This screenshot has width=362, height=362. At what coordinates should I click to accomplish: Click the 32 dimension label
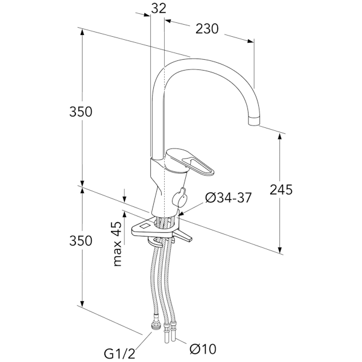(x=159, y=8)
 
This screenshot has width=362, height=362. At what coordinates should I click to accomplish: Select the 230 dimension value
(x=207, y=29)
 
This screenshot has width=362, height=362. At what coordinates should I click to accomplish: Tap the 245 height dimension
(x=281, y=190)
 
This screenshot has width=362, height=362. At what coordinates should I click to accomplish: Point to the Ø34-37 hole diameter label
(x=228, y=198)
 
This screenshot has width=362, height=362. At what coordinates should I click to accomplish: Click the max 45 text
(x=118, y=244)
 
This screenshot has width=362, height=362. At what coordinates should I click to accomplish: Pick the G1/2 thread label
(x=119, y=354)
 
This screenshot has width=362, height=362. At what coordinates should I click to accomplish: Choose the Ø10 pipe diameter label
(x=203, y=349)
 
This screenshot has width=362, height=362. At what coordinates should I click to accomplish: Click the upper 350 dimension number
(x=81, y=112)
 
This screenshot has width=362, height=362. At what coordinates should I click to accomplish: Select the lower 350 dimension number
(x=81, y=241)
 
